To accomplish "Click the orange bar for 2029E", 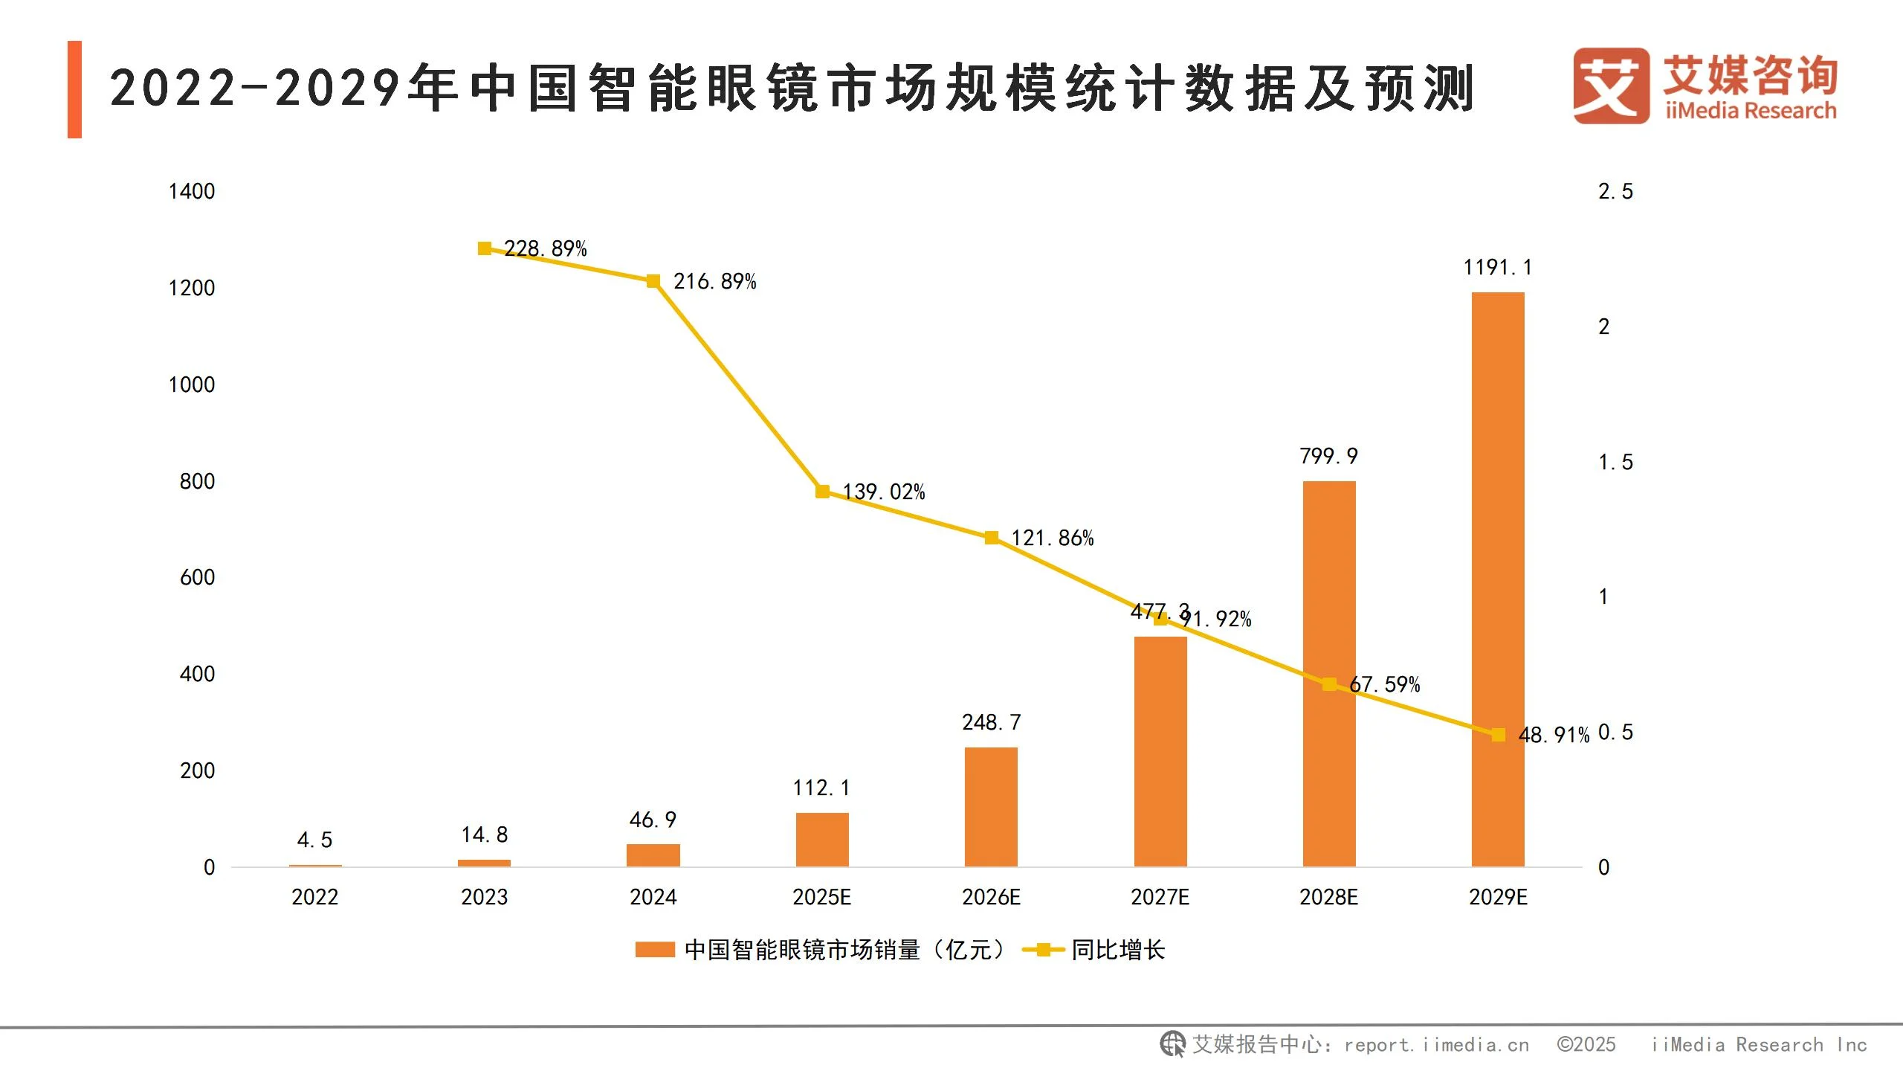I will [x=1497, y=580].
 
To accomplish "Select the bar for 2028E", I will [x=1328, y=674].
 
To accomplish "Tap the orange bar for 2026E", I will [x=991, y=807].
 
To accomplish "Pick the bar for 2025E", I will [x=821, y=840].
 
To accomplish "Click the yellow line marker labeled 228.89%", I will [x=485, y=248].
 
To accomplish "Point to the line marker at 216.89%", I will [x=653, y=281].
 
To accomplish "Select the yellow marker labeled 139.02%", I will [x=822, y=492].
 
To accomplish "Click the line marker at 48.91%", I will [x=1498, y=735].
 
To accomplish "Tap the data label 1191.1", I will [x=1497, y=268].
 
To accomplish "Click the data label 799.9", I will [x=1328, y=456].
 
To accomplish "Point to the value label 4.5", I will [x=314, y=840].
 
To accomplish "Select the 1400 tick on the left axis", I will [x=192, y=192].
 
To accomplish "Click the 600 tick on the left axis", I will [x=197, y=578].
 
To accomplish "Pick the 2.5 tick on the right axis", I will [x=1615, y=192].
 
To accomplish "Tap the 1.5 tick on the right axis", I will [x=1615, y=463].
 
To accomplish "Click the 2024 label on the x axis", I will [x=653, y=897].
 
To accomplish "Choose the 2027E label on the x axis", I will [x=1160, y=897].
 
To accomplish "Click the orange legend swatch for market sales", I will [x=655, y=950].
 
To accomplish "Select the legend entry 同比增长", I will [x=1117, y=950].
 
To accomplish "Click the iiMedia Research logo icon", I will [x=1610, y=86].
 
